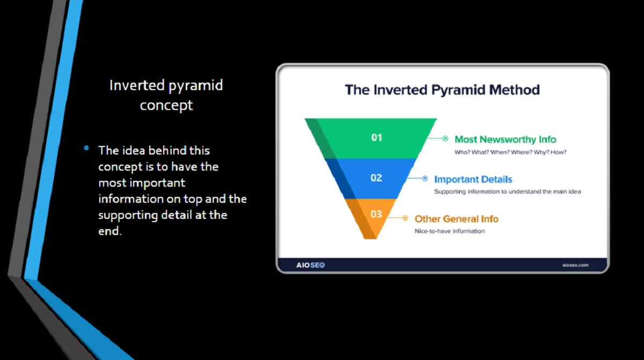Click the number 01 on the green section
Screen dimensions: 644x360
[x=376, y=138]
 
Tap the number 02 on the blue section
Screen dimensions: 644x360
[x=376, y=178]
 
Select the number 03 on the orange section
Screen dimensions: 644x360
[x=376, y=214]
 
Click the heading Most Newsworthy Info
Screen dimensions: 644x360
[x=505, y=139]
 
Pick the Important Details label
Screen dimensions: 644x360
[x=473, y=179]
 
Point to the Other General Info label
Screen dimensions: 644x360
[x=456, y=219]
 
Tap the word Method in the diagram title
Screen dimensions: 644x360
[x=514, y=90]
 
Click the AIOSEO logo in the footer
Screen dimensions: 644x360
[x=311, y=265]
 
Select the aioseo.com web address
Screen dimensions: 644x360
[x=575, y=265]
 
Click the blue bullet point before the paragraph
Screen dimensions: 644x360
[x=86, y=148]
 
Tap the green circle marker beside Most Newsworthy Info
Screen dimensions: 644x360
[x=445, y=138]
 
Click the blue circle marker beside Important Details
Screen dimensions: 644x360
[x=425, y=179]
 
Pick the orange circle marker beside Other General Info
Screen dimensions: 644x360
[x=405, y=218]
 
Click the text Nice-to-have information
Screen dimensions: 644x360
[x=450, y=231]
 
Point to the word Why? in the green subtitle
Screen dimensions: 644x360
[x=541, y=152]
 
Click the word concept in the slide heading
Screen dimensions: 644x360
[x=166, y=106]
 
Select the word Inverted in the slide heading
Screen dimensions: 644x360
[x=137, y=85]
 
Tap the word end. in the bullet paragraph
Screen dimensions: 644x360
[x=110, y=231]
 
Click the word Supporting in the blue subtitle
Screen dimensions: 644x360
[x=450, y=192]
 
